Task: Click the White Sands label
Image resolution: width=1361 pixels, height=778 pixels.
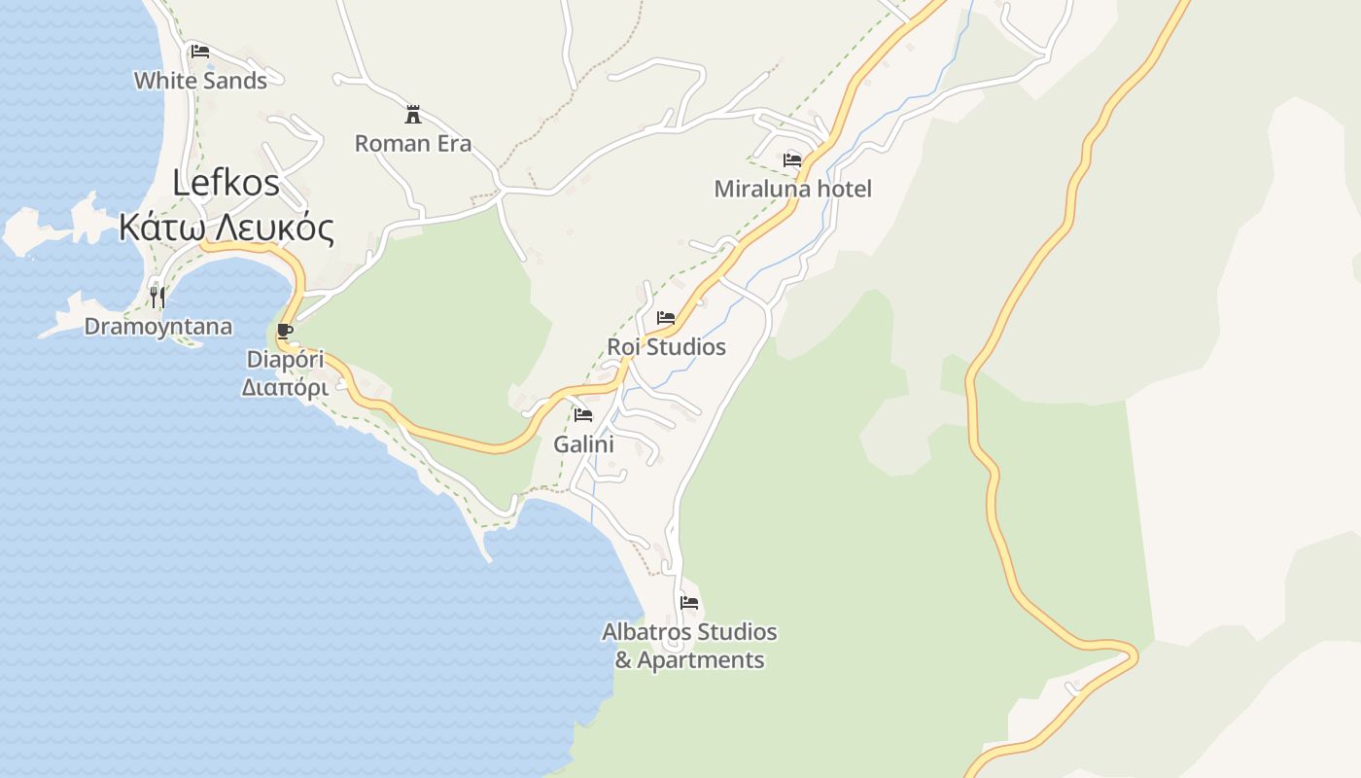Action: (200, 81)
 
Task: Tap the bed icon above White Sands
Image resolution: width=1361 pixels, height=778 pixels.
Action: (200, 51)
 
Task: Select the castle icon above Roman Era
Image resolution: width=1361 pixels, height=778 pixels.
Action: (413, 114)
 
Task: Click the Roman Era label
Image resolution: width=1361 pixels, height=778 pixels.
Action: (413, 144)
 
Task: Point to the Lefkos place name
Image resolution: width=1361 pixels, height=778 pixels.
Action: (227, 183)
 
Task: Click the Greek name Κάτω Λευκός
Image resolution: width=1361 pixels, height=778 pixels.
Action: (227, 228)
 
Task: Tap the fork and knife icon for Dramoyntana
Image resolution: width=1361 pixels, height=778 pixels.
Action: (157, 296)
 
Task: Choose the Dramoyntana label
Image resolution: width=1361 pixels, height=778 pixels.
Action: (158, 327)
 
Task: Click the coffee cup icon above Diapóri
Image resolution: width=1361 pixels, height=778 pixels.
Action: (285, 331)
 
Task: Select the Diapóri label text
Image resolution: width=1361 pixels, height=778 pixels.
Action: (285, 360)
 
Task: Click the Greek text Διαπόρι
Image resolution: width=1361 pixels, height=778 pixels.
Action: (285, 387)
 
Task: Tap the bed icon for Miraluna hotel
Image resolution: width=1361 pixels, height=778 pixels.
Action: (792, 159)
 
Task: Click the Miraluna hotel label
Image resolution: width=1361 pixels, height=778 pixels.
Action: (792, 189)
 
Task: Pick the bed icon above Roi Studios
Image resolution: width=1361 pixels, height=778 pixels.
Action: (666, 317)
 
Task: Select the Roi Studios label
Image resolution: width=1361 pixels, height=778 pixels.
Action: (666, 347)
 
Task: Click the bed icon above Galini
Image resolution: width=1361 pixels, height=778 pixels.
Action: (583, 414)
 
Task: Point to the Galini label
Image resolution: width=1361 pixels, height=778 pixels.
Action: (583, 444)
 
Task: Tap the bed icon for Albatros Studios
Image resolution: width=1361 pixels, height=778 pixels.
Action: (689, 602)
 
